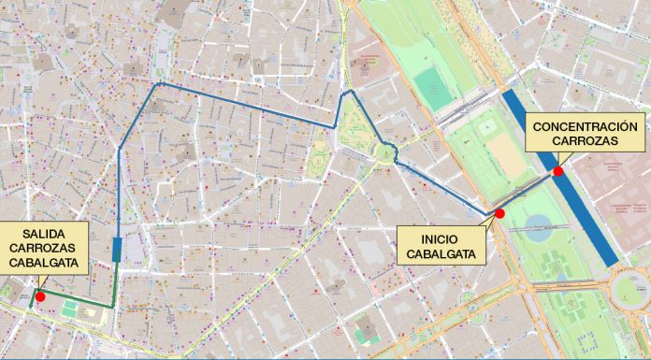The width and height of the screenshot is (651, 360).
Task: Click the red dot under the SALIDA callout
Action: tap(40, 295)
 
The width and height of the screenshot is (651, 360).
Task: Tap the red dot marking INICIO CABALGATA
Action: tap(499, 214)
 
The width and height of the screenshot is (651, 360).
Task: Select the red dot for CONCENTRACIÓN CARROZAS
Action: tap(557, 171)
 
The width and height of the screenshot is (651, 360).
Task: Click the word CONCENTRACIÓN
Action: tap(585, 127)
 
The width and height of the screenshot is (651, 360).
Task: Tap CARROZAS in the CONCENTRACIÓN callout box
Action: tap(585, 142)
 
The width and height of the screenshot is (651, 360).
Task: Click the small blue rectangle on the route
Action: tap(115, 249)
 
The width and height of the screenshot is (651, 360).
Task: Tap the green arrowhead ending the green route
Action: tap(32, 304)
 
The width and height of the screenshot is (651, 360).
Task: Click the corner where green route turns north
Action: tap(113, 306)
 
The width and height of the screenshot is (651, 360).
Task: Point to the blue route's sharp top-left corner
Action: tap(160, 84)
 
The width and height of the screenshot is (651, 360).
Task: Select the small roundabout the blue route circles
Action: tap(384, 151)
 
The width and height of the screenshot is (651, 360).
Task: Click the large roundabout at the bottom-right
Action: tap(629, 285)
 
